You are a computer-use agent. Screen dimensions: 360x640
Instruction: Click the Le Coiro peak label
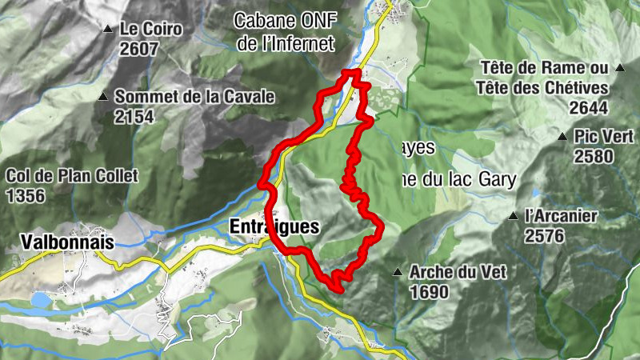(x=151, y=29)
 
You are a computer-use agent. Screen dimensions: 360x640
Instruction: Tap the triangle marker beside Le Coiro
(x=108, y=30)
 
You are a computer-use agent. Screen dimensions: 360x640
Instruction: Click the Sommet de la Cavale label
(x=194, y=97)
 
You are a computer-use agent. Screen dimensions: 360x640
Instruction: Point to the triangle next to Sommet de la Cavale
(x=103, y=98)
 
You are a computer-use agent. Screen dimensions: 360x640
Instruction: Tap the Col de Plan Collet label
(x=72, y=175)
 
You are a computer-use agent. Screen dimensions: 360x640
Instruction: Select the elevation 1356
(x=26, y=194)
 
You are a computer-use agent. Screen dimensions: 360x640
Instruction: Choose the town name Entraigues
(x=274, y=226)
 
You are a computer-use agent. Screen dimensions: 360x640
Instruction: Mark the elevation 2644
(x=590, y=107)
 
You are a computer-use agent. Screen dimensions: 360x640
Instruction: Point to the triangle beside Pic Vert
(x=562, y=137)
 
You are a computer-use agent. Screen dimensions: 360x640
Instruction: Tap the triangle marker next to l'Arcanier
(x=513, y=216)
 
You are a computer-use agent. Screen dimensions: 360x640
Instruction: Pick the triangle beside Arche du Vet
(x=398, y=273)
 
